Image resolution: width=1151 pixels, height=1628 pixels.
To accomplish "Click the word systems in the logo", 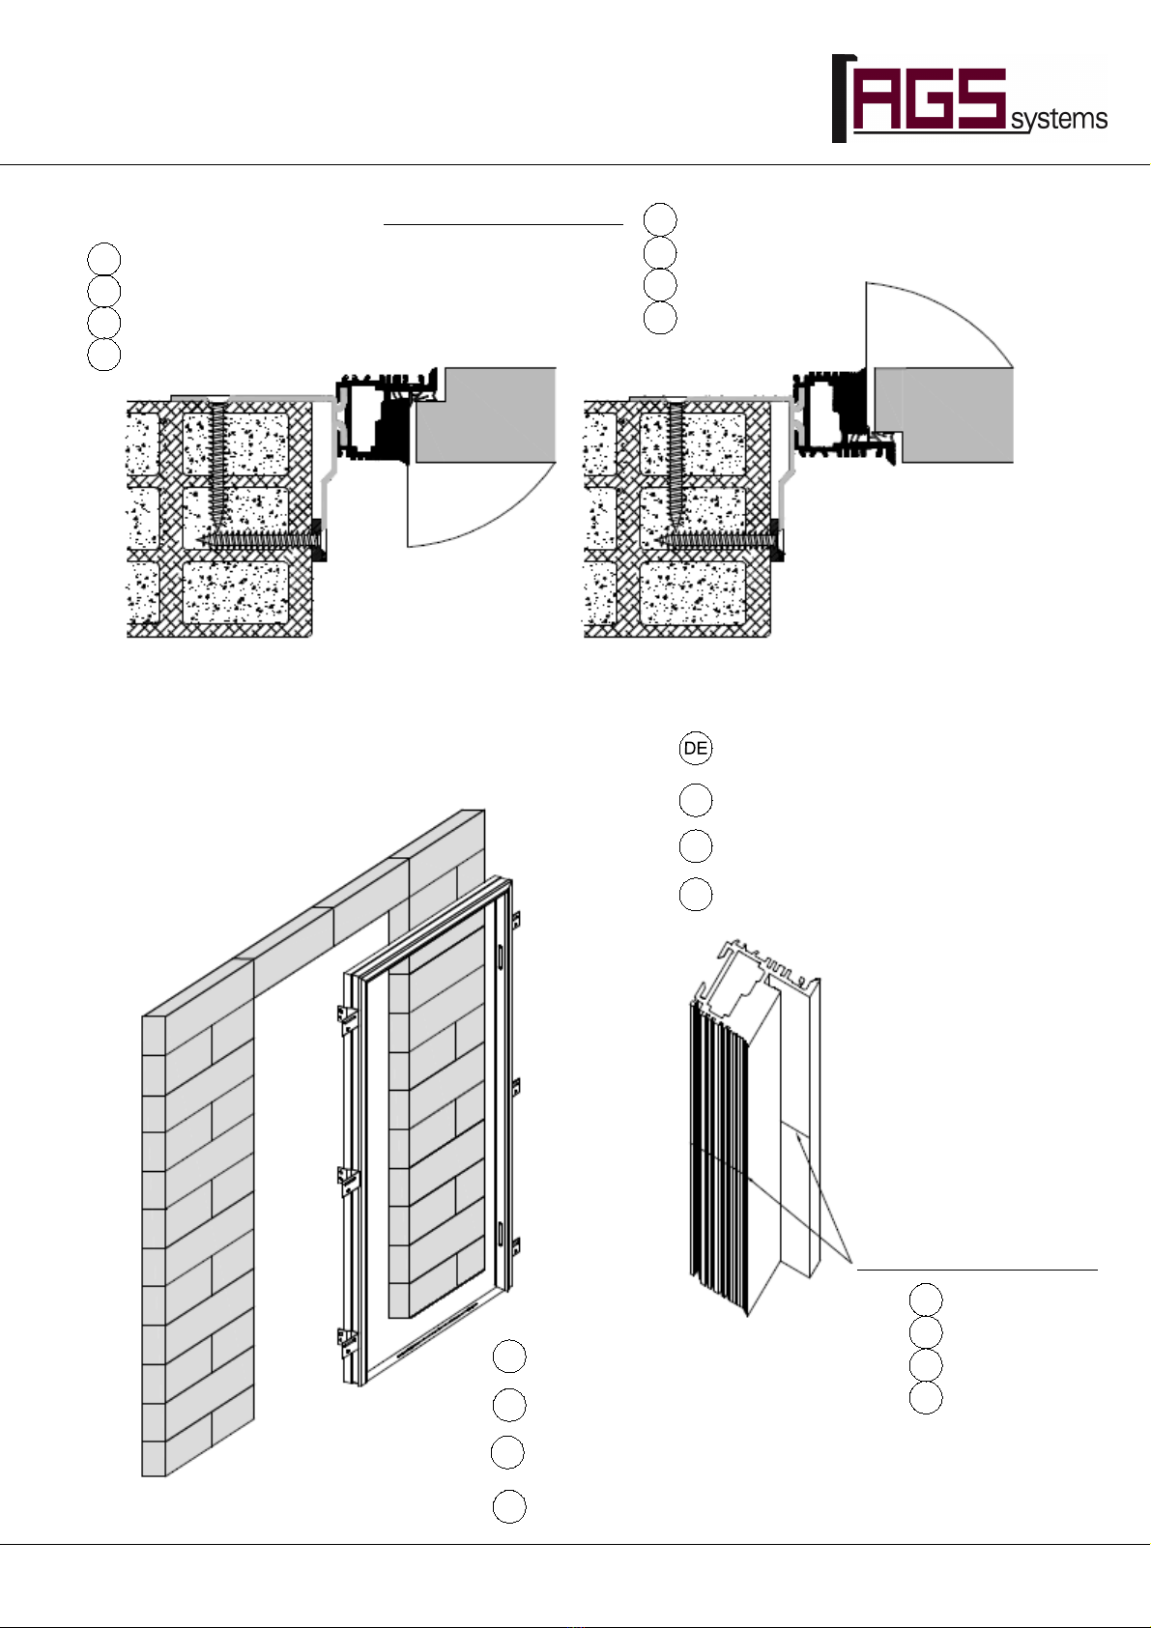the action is coord(1058,120).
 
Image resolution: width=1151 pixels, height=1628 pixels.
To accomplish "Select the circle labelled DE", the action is coord(696,748).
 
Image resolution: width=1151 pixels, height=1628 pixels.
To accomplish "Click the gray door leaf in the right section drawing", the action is coord(944,414).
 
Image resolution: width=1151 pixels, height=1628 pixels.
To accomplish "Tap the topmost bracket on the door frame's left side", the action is coord(346,1016).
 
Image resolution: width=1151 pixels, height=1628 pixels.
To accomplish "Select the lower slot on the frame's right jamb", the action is coord(501,1233).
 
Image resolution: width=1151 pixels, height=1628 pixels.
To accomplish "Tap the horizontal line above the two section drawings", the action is coord(504,225).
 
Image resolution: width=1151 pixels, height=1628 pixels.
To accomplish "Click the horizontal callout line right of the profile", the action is coord(977,1270).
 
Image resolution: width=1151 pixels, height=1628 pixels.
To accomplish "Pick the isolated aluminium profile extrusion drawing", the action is coord(755,1127).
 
